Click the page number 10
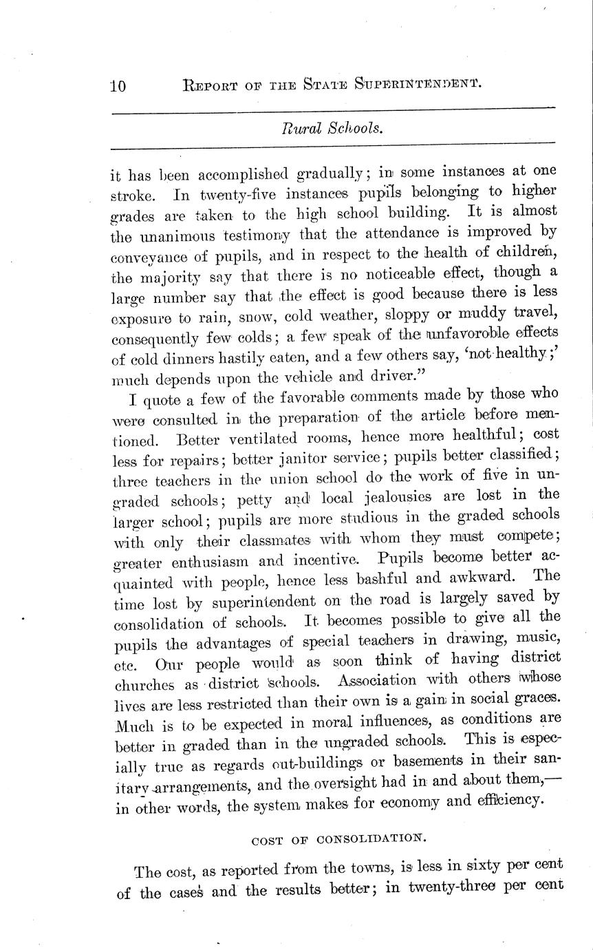coord(118,86)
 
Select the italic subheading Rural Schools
coord(332,127)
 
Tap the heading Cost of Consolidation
coord(339,839)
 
